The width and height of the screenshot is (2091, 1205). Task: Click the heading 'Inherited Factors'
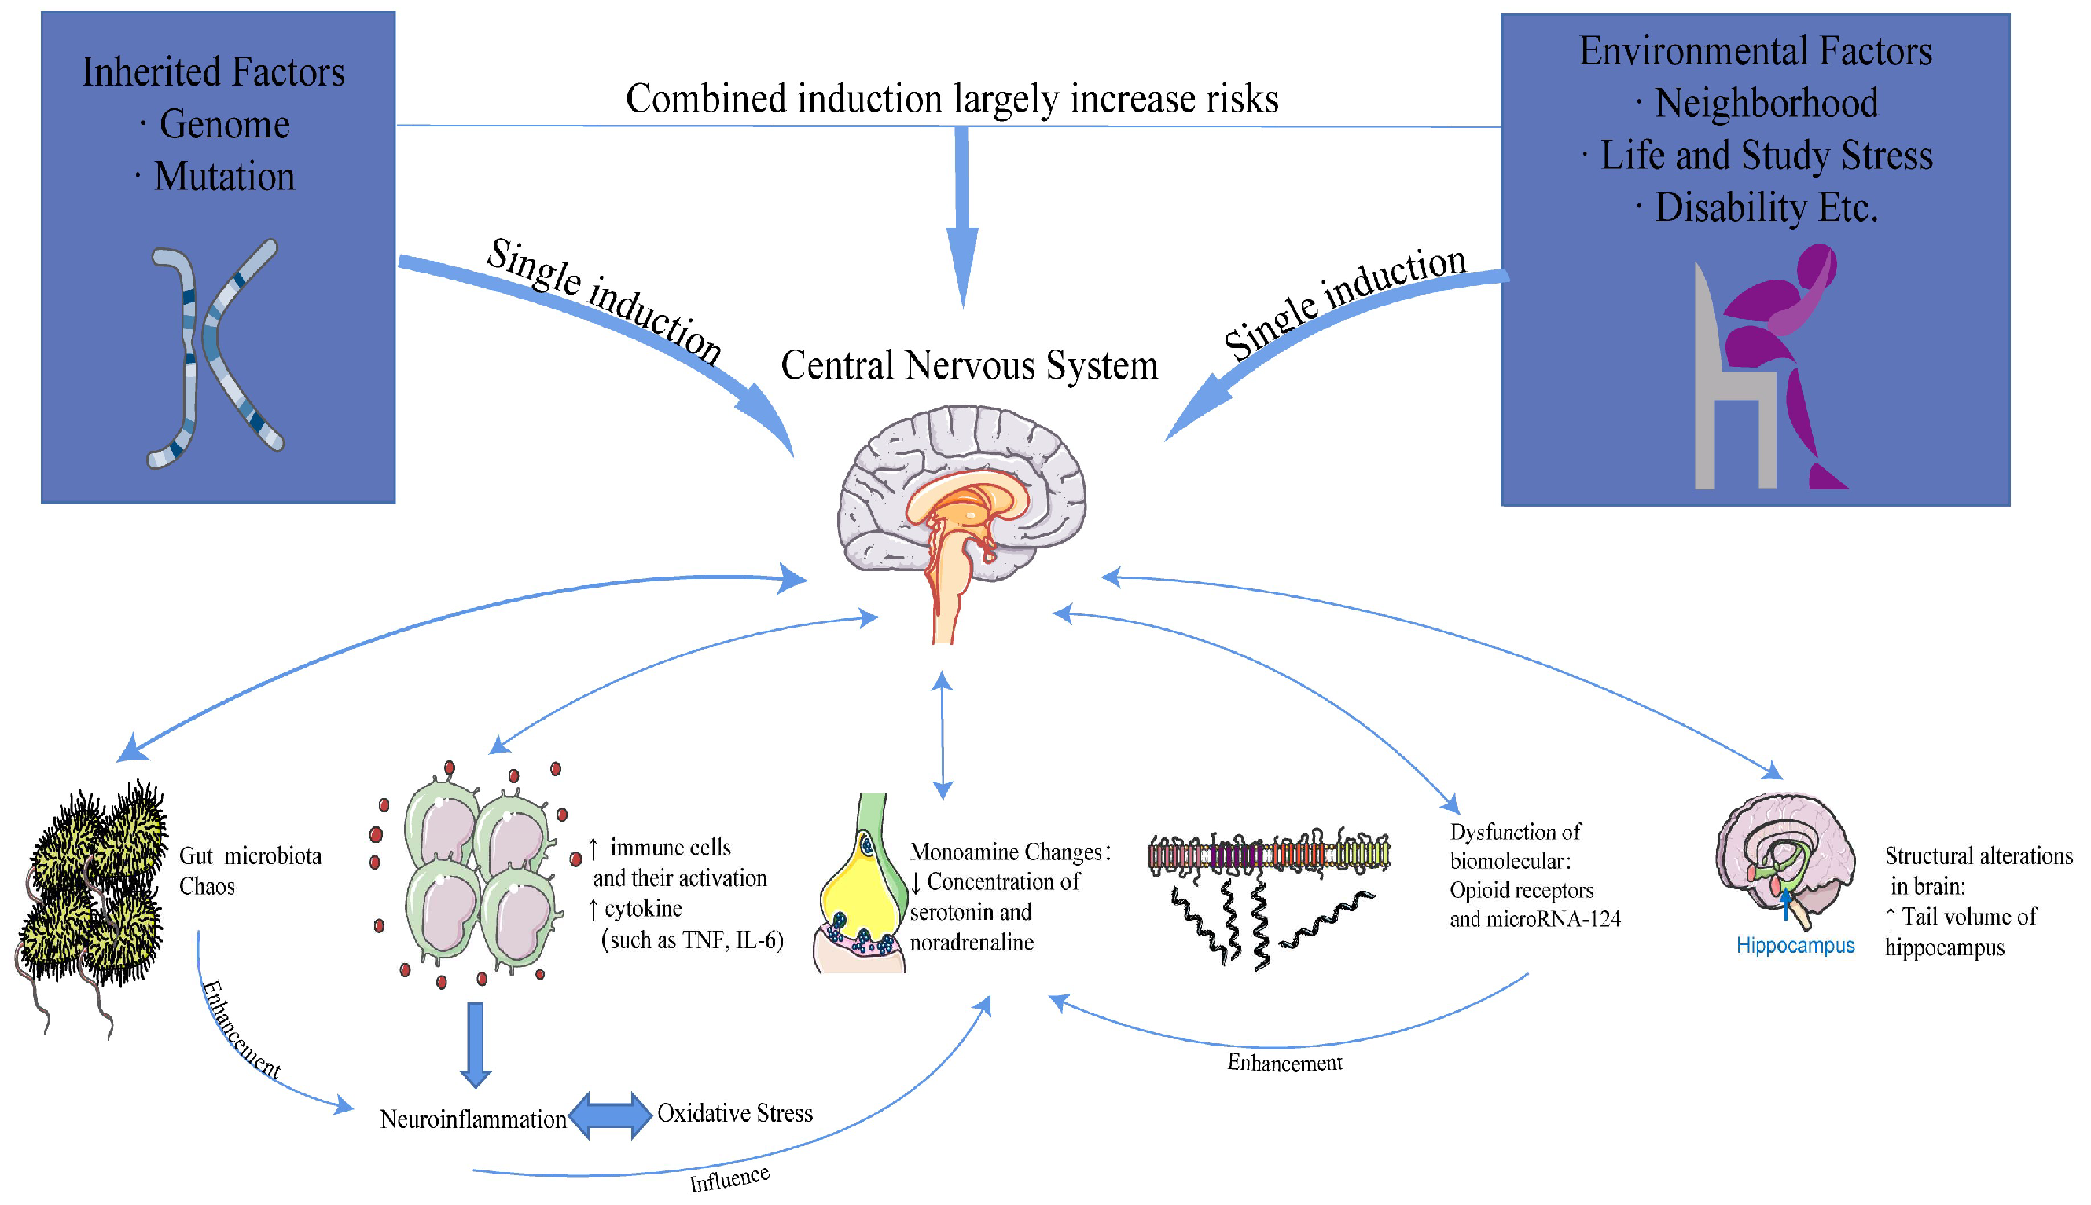213,72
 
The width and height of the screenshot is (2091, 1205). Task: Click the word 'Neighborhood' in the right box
1766,104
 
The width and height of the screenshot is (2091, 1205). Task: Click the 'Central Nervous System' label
968,366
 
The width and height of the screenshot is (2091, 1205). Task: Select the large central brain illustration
961,505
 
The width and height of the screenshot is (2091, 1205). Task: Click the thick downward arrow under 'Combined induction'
962,215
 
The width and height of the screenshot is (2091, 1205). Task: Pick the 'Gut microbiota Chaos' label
248,870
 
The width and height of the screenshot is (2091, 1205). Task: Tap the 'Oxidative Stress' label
734,1113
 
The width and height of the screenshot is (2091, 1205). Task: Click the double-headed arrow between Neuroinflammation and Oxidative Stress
610,1115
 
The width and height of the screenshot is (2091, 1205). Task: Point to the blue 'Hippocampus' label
1795,946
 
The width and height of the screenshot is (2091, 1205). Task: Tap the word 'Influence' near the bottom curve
729,1178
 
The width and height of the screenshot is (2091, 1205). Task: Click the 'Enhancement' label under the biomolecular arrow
1284,1063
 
